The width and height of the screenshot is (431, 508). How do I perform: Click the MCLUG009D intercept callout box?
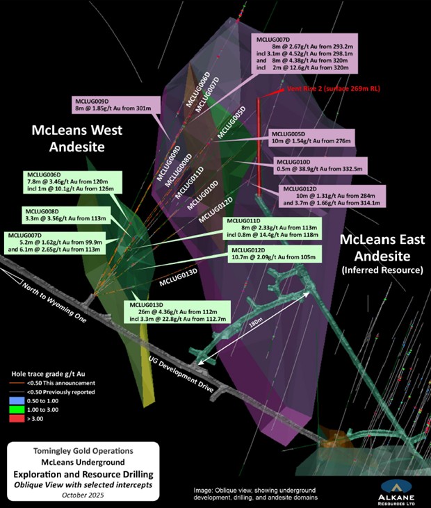tap(116, 105)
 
